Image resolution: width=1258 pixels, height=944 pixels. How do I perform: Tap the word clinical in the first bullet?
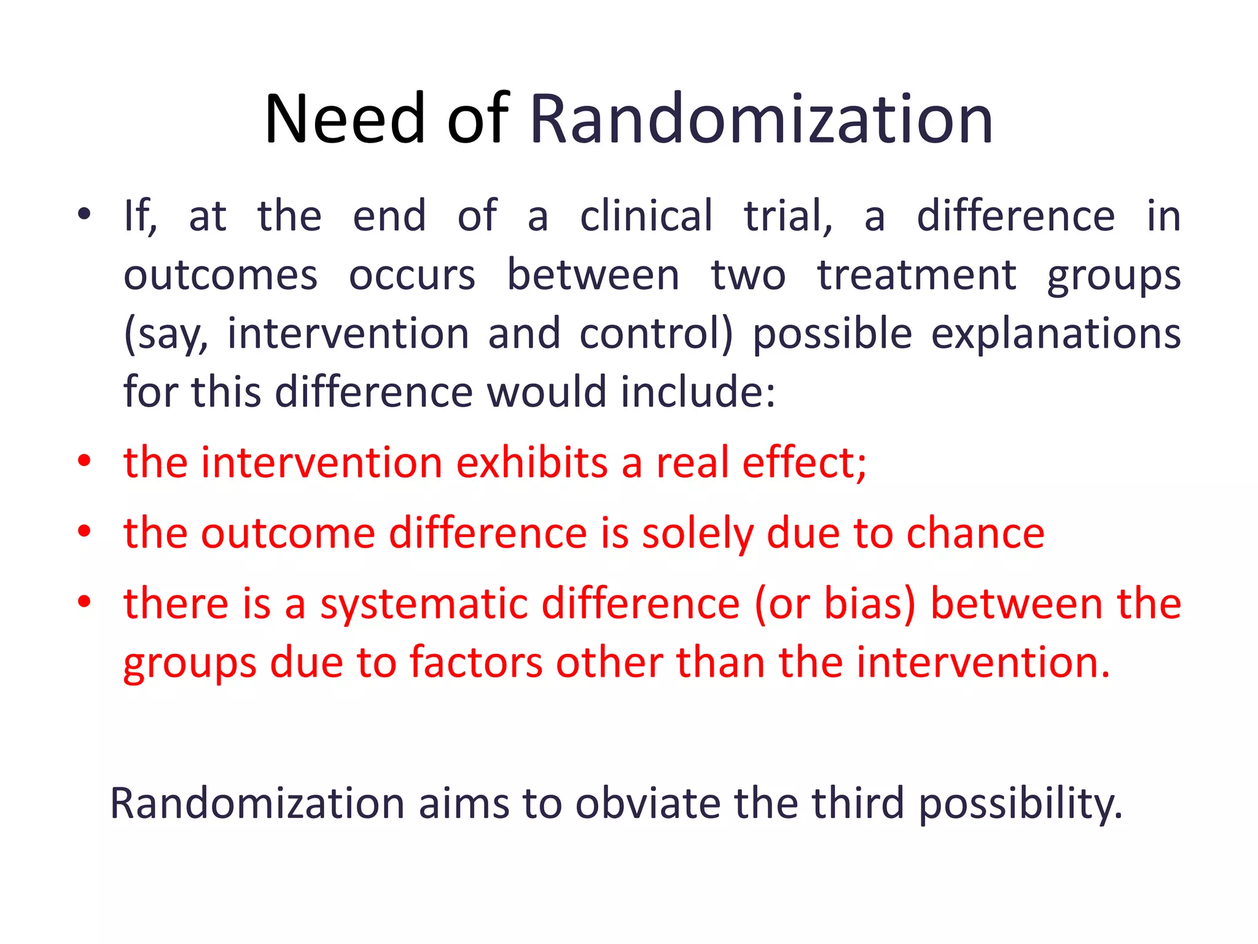tap(646, 216)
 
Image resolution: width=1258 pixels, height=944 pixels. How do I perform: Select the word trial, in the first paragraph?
tap(788, 216)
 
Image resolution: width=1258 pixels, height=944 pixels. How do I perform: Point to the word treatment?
tap(916, 275)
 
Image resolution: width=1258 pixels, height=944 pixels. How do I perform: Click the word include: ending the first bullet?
tap(698, 391)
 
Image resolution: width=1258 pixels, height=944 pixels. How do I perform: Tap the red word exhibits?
tap(532, 462)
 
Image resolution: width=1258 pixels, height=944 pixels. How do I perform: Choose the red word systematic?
tap(424, 604)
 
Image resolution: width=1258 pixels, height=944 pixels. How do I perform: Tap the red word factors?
tap(476, 663)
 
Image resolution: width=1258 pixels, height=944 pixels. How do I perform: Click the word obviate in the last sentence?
tap(647, 803)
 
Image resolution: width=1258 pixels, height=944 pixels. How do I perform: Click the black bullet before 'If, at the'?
tap(84, 214)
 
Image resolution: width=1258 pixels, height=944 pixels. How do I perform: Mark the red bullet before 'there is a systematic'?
tap(84, 602)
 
